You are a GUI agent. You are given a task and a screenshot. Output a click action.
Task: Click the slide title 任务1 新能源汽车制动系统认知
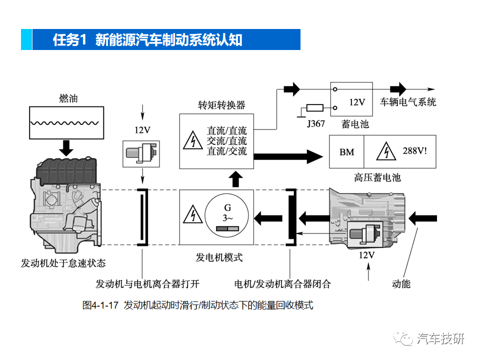coord(147,40)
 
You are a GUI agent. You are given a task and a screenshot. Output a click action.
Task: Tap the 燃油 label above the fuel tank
coord(68,98)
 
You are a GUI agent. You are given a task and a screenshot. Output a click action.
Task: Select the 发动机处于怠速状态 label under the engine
coord(63,263)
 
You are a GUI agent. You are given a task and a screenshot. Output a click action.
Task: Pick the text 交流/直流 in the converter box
coord(226,141)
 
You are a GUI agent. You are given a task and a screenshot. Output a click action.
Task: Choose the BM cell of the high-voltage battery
coord(346,152)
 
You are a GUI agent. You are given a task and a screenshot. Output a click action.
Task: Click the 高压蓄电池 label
coord(377,177)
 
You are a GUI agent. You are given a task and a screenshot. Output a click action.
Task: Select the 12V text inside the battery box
coord(357,102)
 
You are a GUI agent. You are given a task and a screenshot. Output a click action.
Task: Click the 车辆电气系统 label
coord(408,102)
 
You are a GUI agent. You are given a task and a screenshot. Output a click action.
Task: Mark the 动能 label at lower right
coord(401,284)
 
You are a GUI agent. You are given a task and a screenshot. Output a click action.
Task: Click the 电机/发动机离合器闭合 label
coord(282,284)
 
